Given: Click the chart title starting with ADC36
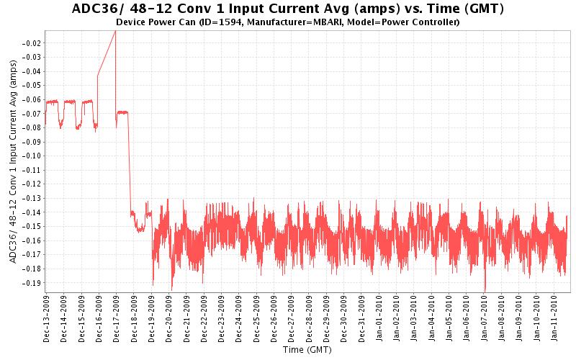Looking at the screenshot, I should pos(288,9).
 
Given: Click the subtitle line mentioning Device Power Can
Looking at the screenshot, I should pos(288,22).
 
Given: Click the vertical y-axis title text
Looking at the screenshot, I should pos(13,161).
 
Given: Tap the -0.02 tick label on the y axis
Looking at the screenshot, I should pos(31,43).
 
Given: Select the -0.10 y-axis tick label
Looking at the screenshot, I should pos(31,156).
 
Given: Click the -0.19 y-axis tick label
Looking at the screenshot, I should pos(31,283).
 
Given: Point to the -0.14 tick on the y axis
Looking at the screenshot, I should pos(31,212).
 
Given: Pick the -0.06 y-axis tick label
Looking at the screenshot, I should pos(31,99).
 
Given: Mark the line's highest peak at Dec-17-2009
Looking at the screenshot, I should pos(115,31).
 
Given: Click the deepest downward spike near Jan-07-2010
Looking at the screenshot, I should pos(485,289).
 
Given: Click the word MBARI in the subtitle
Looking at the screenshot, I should pos(341,22).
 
